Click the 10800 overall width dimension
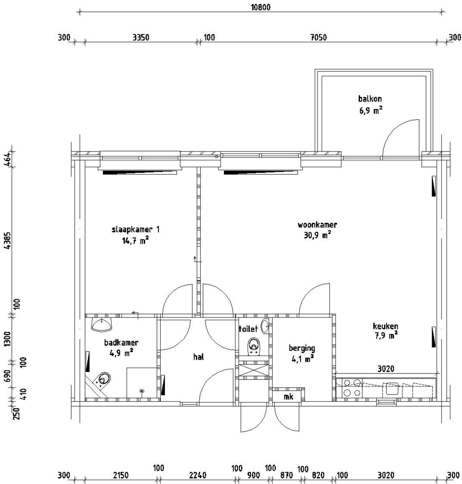point(260,8)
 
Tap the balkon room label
point(370,99)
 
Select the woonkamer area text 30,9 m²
point(317,235)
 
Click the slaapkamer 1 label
point(135,229)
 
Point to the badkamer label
point(121,342)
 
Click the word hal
point(199,357)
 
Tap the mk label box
point(288,396)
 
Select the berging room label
point(302,348)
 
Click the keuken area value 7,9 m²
point(386,335)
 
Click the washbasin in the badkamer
point(101,325)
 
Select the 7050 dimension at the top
point(318,38)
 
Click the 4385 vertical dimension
point(8,240)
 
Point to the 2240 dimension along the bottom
point(197,475)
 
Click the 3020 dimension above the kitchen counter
point(386,368)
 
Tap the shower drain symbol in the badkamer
point(141,391)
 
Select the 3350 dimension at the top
point(141,38)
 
